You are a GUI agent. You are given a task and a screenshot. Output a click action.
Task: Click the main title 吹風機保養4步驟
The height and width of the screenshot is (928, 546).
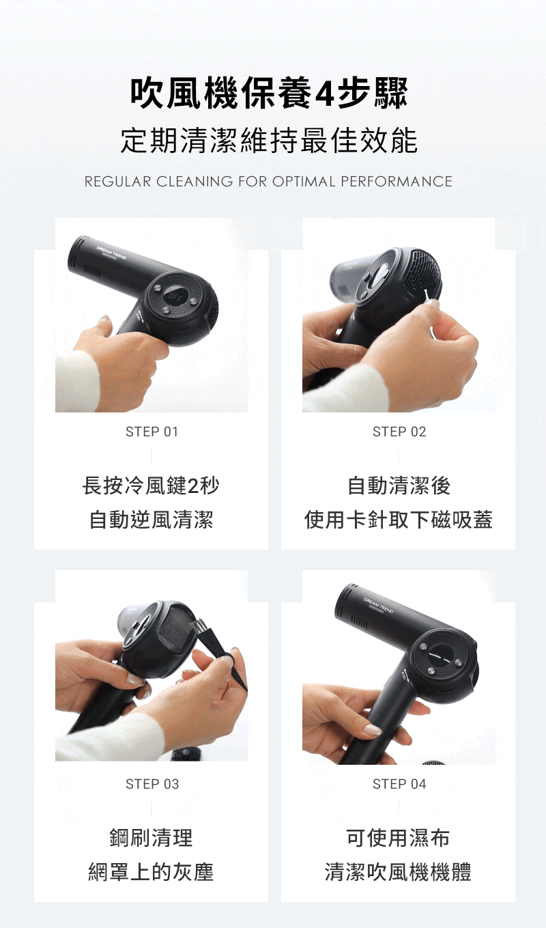click(270, 94)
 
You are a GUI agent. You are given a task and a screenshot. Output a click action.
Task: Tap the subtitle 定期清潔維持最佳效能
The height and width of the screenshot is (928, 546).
click(270, 140)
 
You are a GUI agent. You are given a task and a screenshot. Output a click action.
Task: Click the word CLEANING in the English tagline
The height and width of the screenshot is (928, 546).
click(194, 182)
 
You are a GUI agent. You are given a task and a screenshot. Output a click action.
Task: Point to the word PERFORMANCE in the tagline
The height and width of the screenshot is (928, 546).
click(397, 182)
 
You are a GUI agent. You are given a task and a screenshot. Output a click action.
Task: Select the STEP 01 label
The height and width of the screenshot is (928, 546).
click(152, 432)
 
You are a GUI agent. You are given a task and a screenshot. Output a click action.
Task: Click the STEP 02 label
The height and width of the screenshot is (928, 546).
click(399, 432)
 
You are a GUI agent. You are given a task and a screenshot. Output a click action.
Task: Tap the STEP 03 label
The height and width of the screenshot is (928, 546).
click(152, 784)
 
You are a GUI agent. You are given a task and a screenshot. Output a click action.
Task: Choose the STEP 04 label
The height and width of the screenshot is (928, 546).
click(399, 784)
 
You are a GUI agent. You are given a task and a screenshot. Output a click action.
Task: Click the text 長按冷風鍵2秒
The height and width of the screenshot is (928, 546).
click(151, 486)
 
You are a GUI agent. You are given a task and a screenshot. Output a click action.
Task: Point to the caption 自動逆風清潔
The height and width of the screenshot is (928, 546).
click(151, 520)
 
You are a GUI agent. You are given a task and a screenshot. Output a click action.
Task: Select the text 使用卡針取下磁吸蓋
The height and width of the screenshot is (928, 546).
click(398, 520)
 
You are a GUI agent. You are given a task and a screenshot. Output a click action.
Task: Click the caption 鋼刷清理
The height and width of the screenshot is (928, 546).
click(151, 838)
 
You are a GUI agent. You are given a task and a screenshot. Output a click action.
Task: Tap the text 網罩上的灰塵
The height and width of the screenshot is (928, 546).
click(151, 871)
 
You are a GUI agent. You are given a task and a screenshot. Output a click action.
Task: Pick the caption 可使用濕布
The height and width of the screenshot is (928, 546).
click(398, 838)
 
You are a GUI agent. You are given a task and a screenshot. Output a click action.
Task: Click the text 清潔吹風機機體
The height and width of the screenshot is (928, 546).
click(398, 871)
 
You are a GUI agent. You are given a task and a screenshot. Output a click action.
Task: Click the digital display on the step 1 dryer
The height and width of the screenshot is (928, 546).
click(174, 296)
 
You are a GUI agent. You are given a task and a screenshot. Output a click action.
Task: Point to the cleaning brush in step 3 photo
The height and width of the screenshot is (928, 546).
click(219, 653)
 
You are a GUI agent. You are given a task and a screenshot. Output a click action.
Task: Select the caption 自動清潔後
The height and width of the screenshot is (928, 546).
click(399, 486)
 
